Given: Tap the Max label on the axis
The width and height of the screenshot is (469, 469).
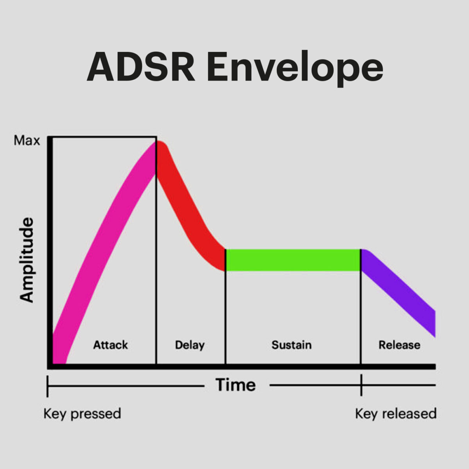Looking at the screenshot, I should pyautogui.click(x=27, y=141).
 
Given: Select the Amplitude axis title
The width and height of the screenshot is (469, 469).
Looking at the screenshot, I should pyautogui.click(x=27, y=260).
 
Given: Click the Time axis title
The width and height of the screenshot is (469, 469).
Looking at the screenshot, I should pyautogui.click(x=236, y=385).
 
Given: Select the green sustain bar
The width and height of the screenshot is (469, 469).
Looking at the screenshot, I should pyautogui.click(x=293, y=260).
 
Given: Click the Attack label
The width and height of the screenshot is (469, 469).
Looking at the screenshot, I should pyautogui.click(x=111, y=345).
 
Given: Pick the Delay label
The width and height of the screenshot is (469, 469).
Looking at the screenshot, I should pyautogui.click(x=190, y=345).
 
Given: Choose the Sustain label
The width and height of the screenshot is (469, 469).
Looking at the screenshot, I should pyautogui.click(x=292, y=345).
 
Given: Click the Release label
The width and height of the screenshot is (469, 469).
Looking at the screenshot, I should pyautogui.click(x=399, y=345).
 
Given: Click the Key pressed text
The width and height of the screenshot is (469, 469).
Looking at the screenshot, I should pyautogui.click(x=82, y=414).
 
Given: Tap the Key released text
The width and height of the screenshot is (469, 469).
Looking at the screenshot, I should pyautogui.click(x=396, y=414).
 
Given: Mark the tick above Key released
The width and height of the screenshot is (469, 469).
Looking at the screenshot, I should pyautogui.click(x=361, y=385).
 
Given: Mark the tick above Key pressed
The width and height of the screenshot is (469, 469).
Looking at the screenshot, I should pyautogui.click(x=48, y=386).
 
